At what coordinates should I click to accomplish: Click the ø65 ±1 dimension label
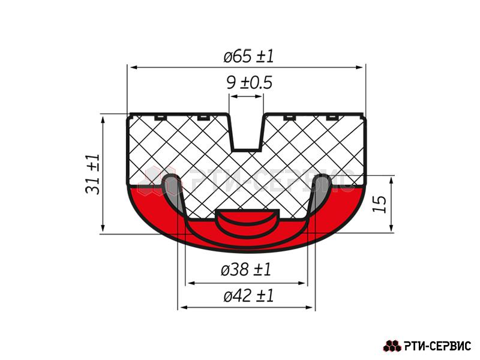pos(248,56)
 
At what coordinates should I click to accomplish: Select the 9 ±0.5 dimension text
pos(249,83)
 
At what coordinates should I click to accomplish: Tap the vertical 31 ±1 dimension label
pos(93,174)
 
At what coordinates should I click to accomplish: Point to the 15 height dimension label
pos(380,204)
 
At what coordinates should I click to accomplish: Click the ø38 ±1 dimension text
pos(246,270)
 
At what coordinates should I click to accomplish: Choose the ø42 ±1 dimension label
pos(248,296)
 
